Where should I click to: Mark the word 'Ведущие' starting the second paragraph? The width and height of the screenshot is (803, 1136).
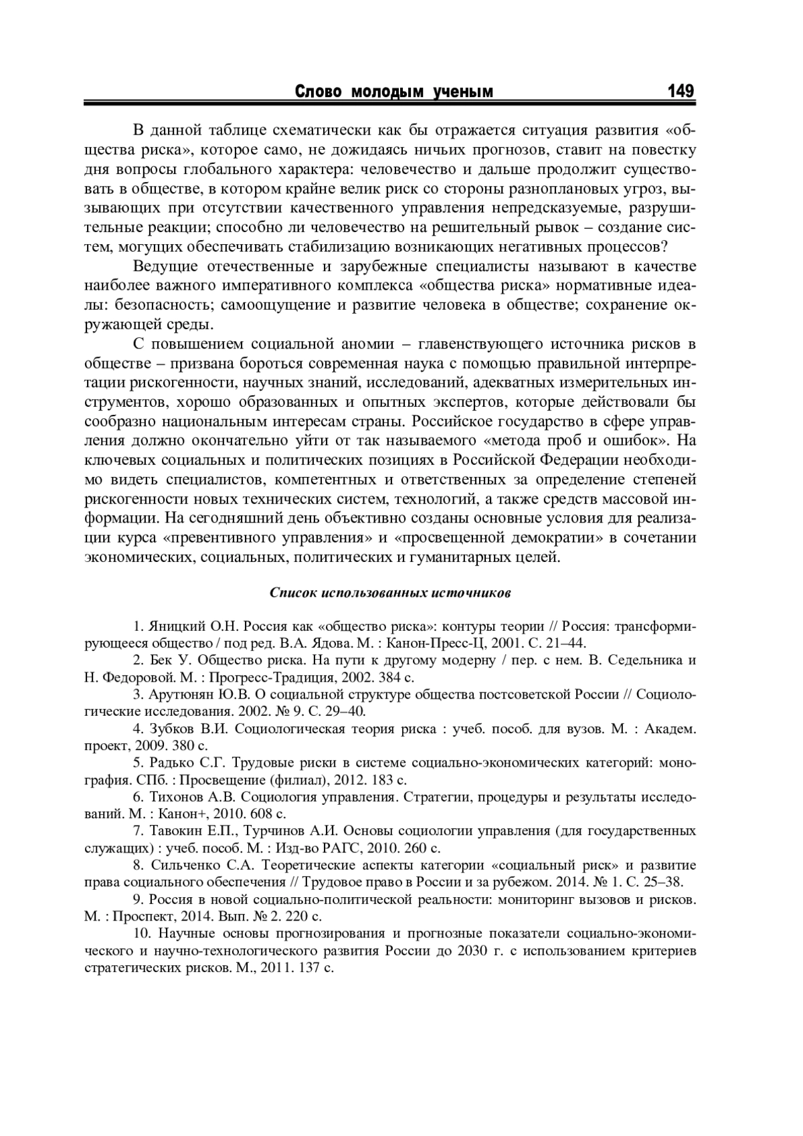[x=166, y=266]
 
